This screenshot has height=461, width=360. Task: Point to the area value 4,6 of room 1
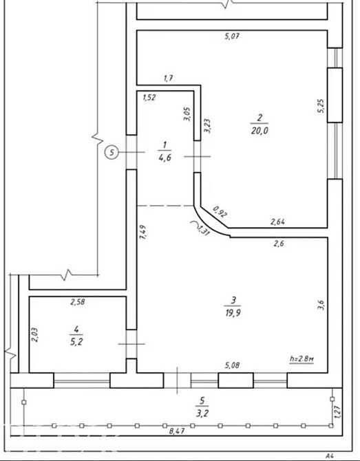(164, 157)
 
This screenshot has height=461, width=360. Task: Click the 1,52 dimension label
(149, 98)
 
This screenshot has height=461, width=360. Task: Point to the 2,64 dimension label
(278, 222)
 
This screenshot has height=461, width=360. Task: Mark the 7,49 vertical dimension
(143, 235)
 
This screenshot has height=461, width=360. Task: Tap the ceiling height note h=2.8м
(302, 359)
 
